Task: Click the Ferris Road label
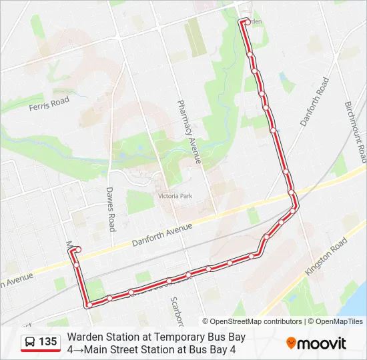(50, 102)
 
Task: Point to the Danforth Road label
(314, 101)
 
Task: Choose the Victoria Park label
(174, 197)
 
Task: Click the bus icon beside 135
(31, 343)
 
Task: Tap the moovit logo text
(323, 344)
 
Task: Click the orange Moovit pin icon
(292, 343)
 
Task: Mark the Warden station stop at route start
(247, 22)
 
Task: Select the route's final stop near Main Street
(79, 249)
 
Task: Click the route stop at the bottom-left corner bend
(88, 305)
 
